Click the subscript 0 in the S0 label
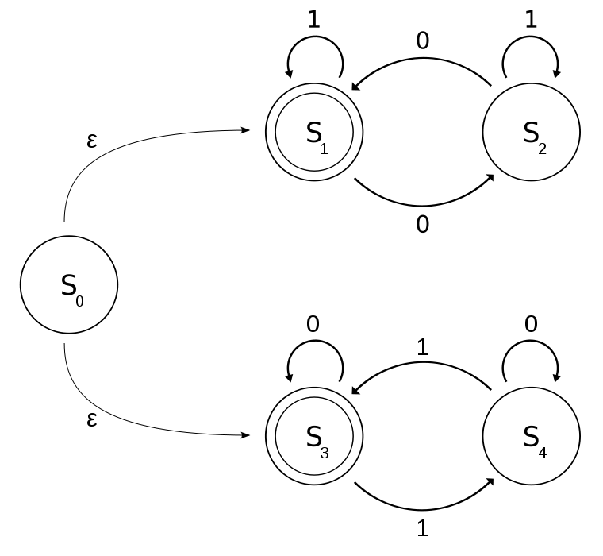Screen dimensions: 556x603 [x=79, y=302]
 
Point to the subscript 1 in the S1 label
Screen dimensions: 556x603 [x=324, y=149]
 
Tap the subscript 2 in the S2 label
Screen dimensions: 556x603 [x=542, y=149]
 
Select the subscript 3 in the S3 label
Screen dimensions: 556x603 [x=324, y=454]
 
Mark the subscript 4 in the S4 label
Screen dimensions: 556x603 [x=542, y=454]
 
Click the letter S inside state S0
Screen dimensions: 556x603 [x=68, y=285]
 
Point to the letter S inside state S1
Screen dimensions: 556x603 [x=313, y=133]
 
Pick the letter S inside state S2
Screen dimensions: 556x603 [x=531, y=133]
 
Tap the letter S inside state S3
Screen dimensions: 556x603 [x=313, y=437]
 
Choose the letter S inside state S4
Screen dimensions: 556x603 [x=531, y=437]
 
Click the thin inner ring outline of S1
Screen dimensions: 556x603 [x=314, y=94]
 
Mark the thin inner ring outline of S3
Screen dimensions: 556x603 [x=314, y=398]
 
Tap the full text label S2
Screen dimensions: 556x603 [x=535, y=137]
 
